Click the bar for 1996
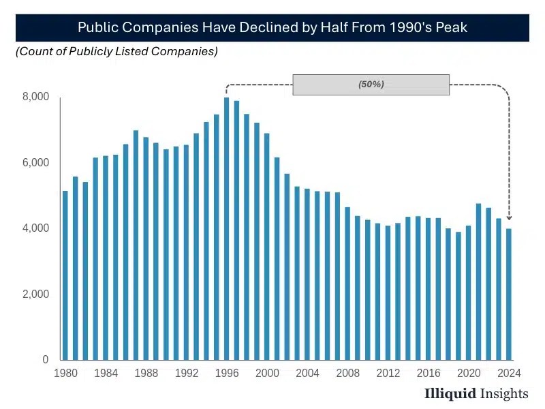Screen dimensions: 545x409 tap(227, 229)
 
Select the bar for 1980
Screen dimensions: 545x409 tap(65, 275)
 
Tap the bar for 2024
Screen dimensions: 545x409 tap(509, 294)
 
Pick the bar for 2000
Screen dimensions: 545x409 tap(267, 247)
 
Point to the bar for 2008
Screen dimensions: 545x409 tap(347, 284)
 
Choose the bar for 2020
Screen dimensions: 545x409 tap(469, 293)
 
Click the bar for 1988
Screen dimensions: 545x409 tap(146, 249)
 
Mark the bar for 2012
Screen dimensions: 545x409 tap(388, 293)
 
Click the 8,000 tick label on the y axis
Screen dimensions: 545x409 tap(36, 96)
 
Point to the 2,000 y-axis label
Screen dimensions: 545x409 tap(36, 294)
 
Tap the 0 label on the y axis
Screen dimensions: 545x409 tap(46, 360)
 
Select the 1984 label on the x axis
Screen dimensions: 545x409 tap(106, 373)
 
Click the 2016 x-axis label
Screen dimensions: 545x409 tap(429, 373)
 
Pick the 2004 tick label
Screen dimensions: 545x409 tap(308, 373)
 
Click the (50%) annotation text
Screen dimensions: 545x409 tap(371, 84)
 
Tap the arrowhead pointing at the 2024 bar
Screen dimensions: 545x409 tap(509, 217)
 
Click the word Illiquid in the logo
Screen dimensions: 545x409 tap(450, 393)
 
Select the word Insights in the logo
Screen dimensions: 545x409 tap(504, 393)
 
